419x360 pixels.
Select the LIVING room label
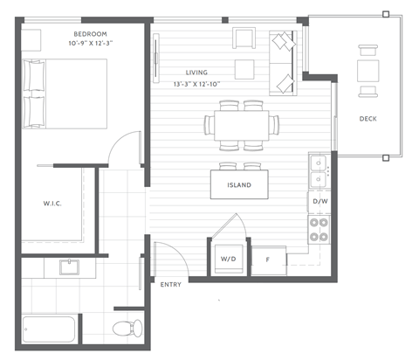pos(197,73)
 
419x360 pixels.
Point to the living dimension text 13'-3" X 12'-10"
pos(197,83)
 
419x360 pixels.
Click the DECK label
pos(367,118)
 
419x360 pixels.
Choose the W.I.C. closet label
pos(52,204)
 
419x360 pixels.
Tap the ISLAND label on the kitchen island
pos(239,185)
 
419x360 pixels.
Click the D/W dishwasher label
pos(319,202)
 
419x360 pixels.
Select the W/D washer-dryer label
pos(228,259)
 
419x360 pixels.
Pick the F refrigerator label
pos(267,259)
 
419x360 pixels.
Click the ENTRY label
pos(170,285)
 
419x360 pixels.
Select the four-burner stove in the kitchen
pos(319,230)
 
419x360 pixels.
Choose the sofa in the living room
pos(283,63)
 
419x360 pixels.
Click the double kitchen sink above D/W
pos(319,170)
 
